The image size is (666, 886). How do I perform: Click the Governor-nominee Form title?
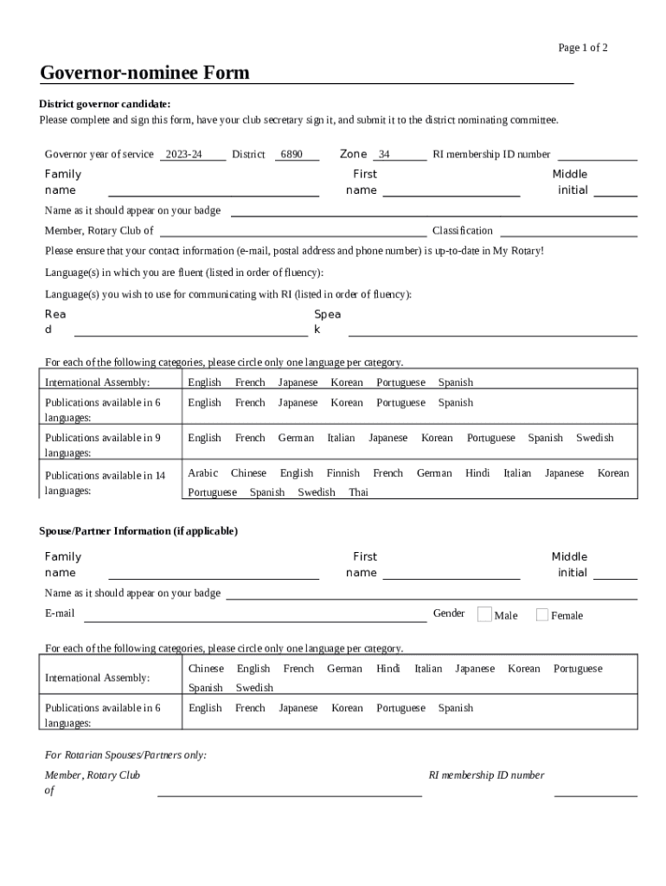pos(144,73)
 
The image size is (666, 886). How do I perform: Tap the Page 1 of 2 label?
pos(583,48)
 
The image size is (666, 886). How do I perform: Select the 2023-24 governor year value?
pos(183,155)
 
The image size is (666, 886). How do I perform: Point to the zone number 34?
pos(384,155)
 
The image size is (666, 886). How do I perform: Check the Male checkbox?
pos(484,614)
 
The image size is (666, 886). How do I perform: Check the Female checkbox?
pos(542,615)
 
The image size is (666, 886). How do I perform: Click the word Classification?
pos(463,231)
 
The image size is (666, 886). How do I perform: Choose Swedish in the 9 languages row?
pos(594,438)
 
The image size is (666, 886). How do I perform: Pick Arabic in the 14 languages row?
pos(202,473)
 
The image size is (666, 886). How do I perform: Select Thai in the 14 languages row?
pos(358,492)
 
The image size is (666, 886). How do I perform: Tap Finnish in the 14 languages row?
pos(343,473)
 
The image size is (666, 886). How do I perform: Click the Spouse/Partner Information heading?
pos(138,530)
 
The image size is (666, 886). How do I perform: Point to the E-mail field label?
pos(60,613)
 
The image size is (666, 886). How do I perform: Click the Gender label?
pos(449,613)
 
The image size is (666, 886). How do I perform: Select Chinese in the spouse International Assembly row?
pos(206,669)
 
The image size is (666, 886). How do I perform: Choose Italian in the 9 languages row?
pos(341,438)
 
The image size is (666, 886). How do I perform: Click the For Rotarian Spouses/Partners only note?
pos(125,754)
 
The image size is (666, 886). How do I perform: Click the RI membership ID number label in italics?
pos(487,775)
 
